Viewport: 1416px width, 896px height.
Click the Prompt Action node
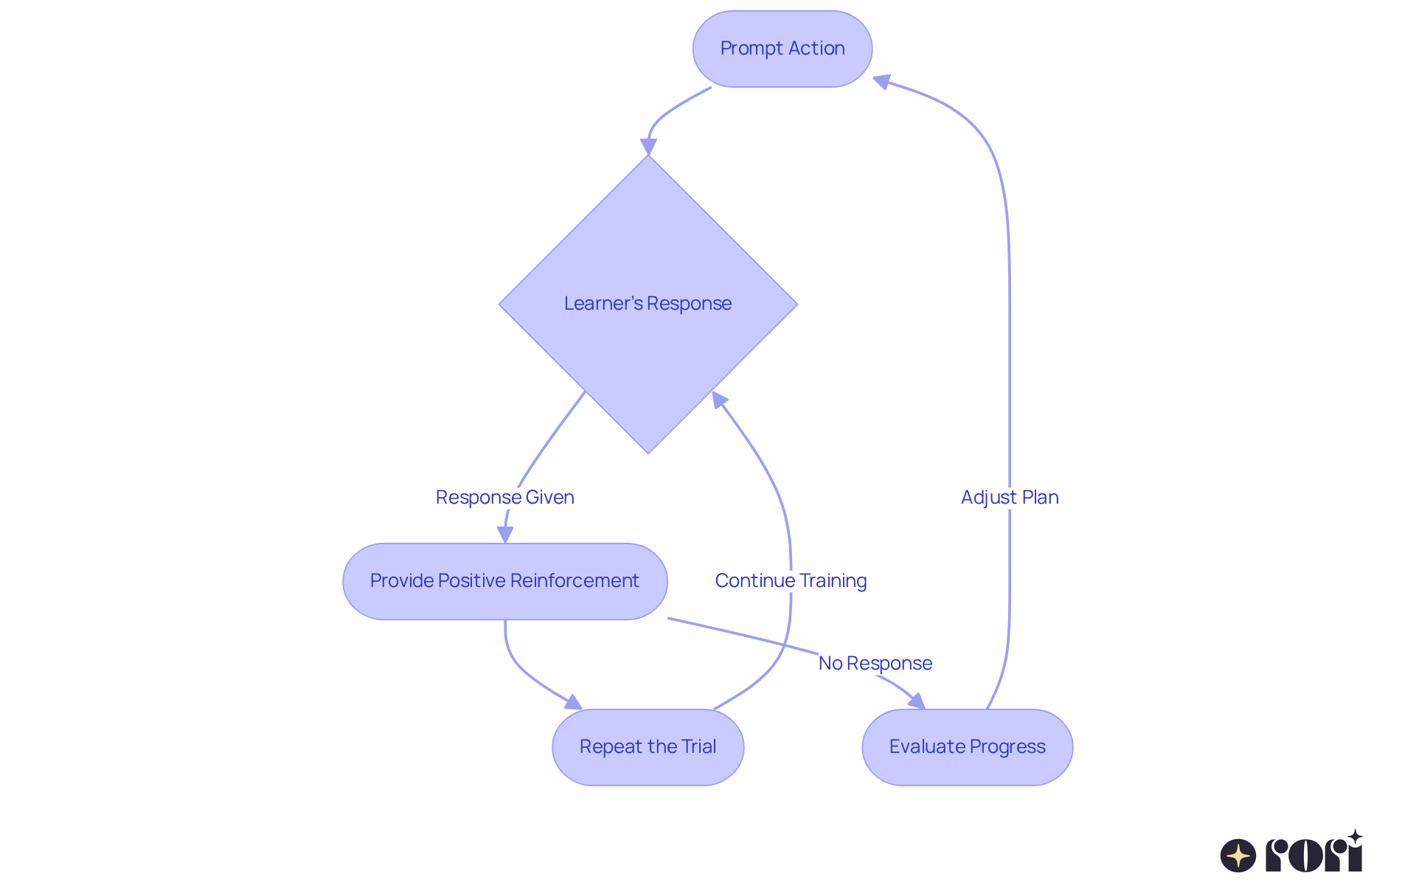(782, 49)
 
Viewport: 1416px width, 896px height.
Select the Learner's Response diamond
(648, 304)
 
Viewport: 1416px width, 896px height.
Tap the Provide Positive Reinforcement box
(504, 581)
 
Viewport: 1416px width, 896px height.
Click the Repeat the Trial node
(648, 747)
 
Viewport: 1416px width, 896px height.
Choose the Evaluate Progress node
(967, 747)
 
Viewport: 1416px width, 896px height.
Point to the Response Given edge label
(504, 497)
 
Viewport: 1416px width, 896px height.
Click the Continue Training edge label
(791, 580)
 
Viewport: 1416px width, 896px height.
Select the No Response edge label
(875, 663)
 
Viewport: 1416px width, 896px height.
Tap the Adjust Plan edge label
(1009, 497)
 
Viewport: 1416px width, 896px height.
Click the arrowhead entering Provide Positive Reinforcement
(505, 535)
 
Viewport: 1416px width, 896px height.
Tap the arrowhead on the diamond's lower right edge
(719, 400)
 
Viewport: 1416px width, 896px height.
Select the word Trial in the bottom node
(698, 747)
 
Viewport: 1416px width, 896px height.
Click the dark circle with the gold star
(1238, 855)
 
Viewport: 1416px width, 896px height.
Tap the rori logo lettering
(1313, 854)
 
